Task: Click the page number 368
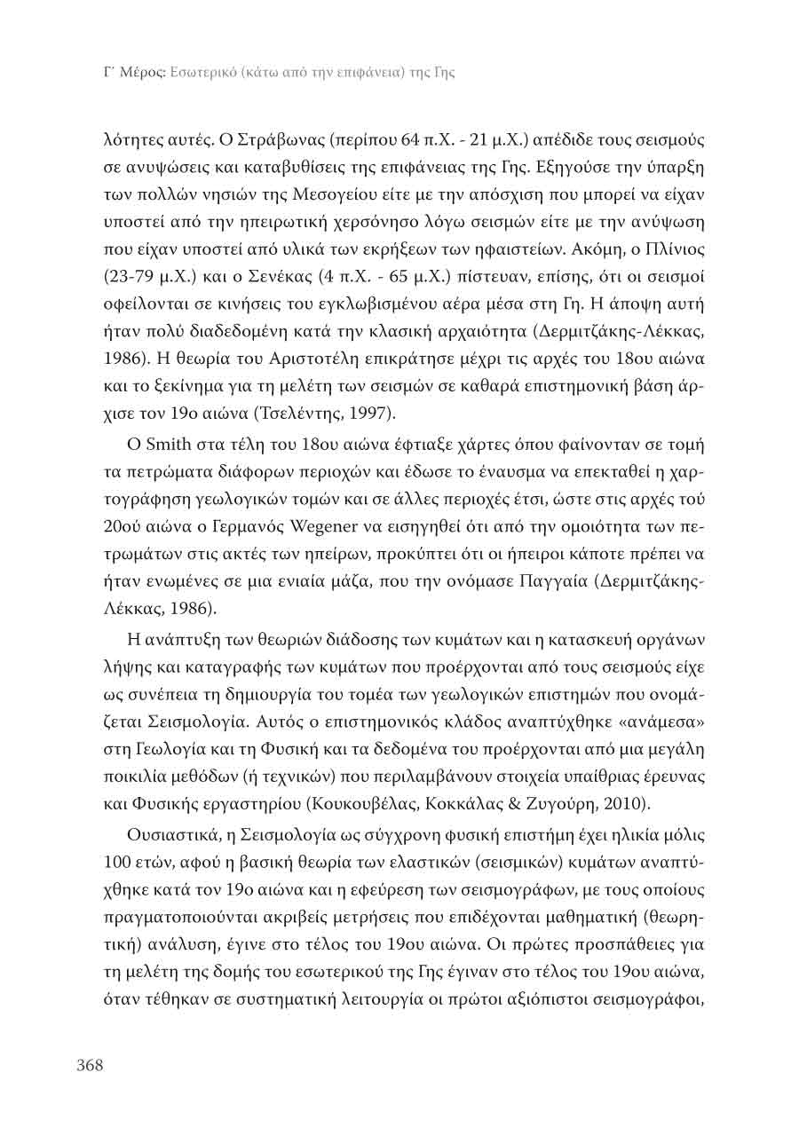click(x=90, y=1065)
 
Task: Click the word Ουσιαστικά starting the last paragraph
click(x=170, y=839)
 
